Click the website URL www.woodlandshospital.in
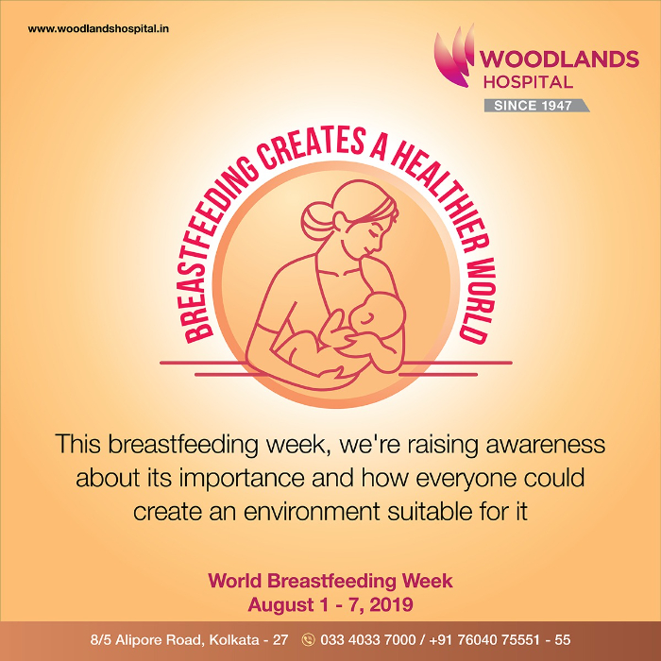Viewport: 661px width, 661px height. [x=98, y=29]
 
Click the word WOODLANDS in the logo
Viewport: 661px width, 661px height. [x=559, y=59]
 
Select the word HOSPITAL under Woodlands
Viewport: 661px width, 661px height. [x=528, y=82]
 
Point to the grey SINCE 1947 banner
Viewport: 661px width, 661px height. [x=536, y=106]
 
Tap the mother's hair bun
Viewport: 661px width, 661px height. [x=314, y=220]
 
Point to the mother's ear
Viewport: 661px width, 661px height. [x=340, y=219]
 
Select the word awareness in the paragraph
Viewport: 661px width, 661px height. [x=546, y=445]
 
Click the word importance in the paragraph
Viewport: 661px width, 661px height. [x=241, y=479]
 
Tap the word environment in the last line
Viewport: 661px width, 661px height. [x=312, y=512]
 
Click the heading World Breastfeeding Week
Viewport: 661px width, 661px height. [x=330, y=581]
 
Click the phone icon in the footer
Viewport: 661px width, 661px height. [x=309, y=640]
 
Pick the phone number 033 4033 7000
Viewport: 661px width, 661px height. [x=368, y=640]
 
